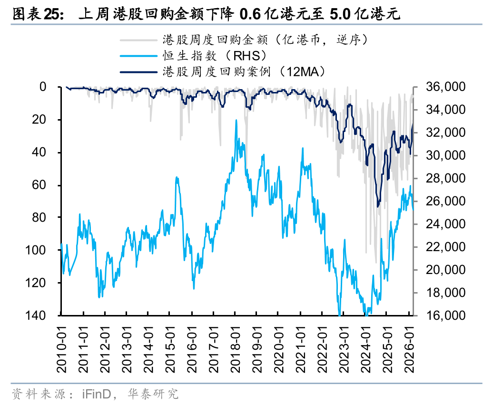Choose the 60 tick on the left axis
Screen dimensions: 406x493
pos(49,185)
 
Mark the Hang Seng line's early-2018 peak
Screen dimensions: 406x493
pos(236,121)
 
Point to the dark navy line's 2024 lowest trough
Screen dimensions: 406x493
pos(378,206)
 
